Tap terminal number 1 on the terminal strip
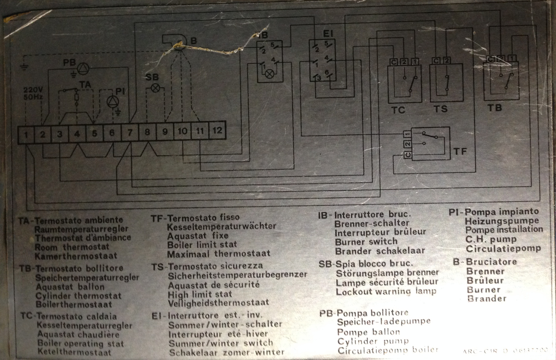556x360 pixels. pos(26,134)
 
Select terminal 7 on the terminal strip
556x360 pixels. pos(130,133)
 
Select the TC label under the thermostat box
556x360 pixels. pos(398,110)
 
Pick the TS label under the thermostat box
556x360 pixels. pos(441,109)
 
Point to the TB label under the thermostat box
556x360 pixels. pos(495,108)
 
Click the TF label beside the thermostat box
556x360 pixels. pos(460,151)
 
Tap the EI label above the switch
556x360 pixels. pos(328,34)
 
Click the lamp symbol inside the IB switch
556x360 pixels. pos(270,74)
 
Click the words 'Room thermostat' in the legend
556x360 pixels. pos(72,247)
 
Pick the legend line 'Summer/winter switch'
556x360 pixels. pos(221,343)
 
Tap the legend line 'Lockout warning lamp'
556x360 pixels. pos(386,291)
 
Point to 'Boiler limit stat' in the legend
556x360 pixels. pos(202,245)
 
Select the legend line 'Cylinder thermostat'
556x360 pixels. pos(78,296)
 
